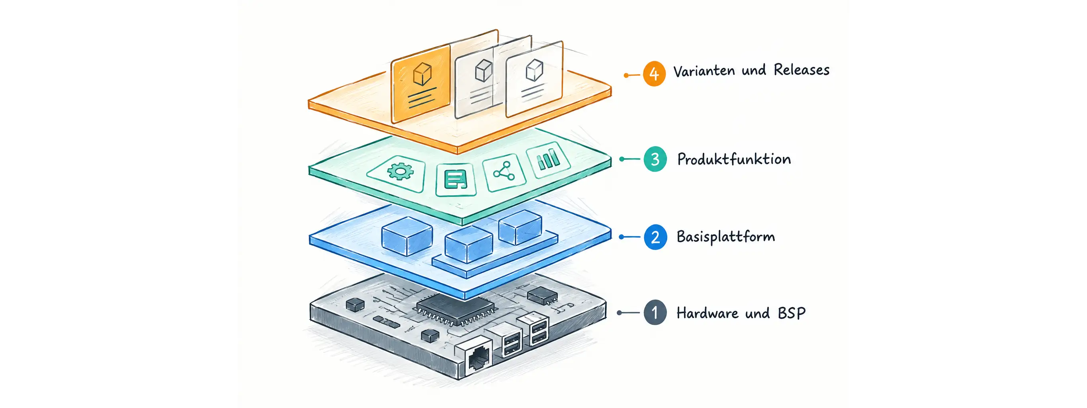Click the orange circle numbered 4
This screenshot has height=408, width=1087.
654,74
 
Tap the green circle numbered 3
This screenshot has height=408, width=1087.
655,159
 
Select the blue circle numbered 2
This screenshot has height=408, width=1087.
655,237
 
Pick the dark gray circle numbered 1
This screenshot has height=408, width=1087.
655,312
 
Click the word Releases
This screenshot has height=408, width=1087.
802,70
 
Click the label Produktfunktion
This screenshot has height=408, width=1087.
734,159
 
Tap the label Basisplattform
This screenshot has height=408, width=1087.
726,237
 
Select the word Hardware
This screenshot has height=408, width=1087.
707,313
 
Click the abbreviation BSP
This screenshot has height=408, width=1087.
792,313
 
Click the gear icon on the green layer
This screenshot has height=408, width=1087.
400,171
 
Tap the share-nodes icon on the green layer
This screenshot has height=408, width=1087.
504,171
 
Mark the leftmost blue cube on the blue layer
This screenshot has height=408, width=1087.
407,236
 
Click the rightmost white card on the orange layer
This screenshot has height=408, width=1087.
534,79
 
